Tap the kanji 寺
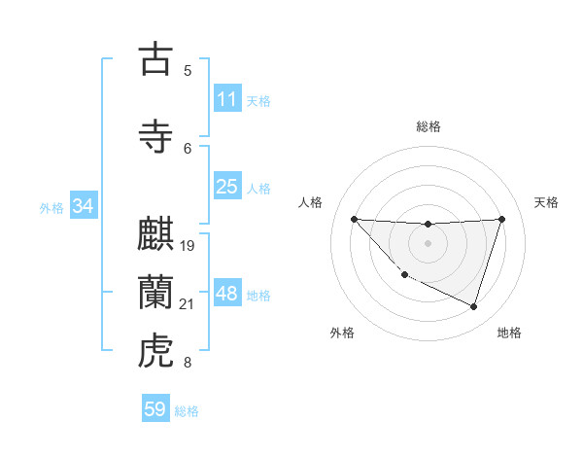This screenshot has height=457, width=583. [x=155, y=136]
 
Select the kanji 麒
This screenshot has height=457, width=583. [x=155, y=234]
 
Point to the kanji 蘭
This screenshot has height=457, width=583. [x=155, y=293]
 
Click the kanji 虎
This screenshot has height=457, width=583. [x=155, y=351]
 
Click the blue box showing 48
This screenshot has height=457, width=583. [x=227, y=294]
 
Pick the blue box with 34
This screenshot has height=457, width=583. [x=83, y=206]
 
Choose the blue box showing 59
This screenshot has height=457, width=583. [x=155, y=409]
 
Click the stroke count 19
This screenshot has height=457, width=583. [x=188, y=245]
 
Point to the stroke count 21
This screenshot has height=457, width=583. [x=188, y=304]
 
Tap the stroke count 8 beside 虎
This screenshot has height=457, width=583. [x=188, y=363]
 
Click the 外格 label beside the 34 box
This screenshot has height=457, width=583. [x=51, y=207]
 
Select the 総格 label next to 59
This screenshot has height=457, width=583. [x=187, y=411]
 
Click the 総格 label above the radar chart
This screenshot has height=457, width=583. [x=428, y=126]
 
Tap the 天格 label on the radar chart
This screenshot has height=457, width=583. [x=547, y=202]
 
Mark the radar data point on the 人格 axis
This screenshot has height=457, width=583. [x=354, y=219]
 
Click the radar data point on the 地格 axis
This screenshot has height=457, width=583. [x=473, y=307]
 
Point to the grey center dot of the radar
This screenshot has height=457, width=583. [x=428, y=243]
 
